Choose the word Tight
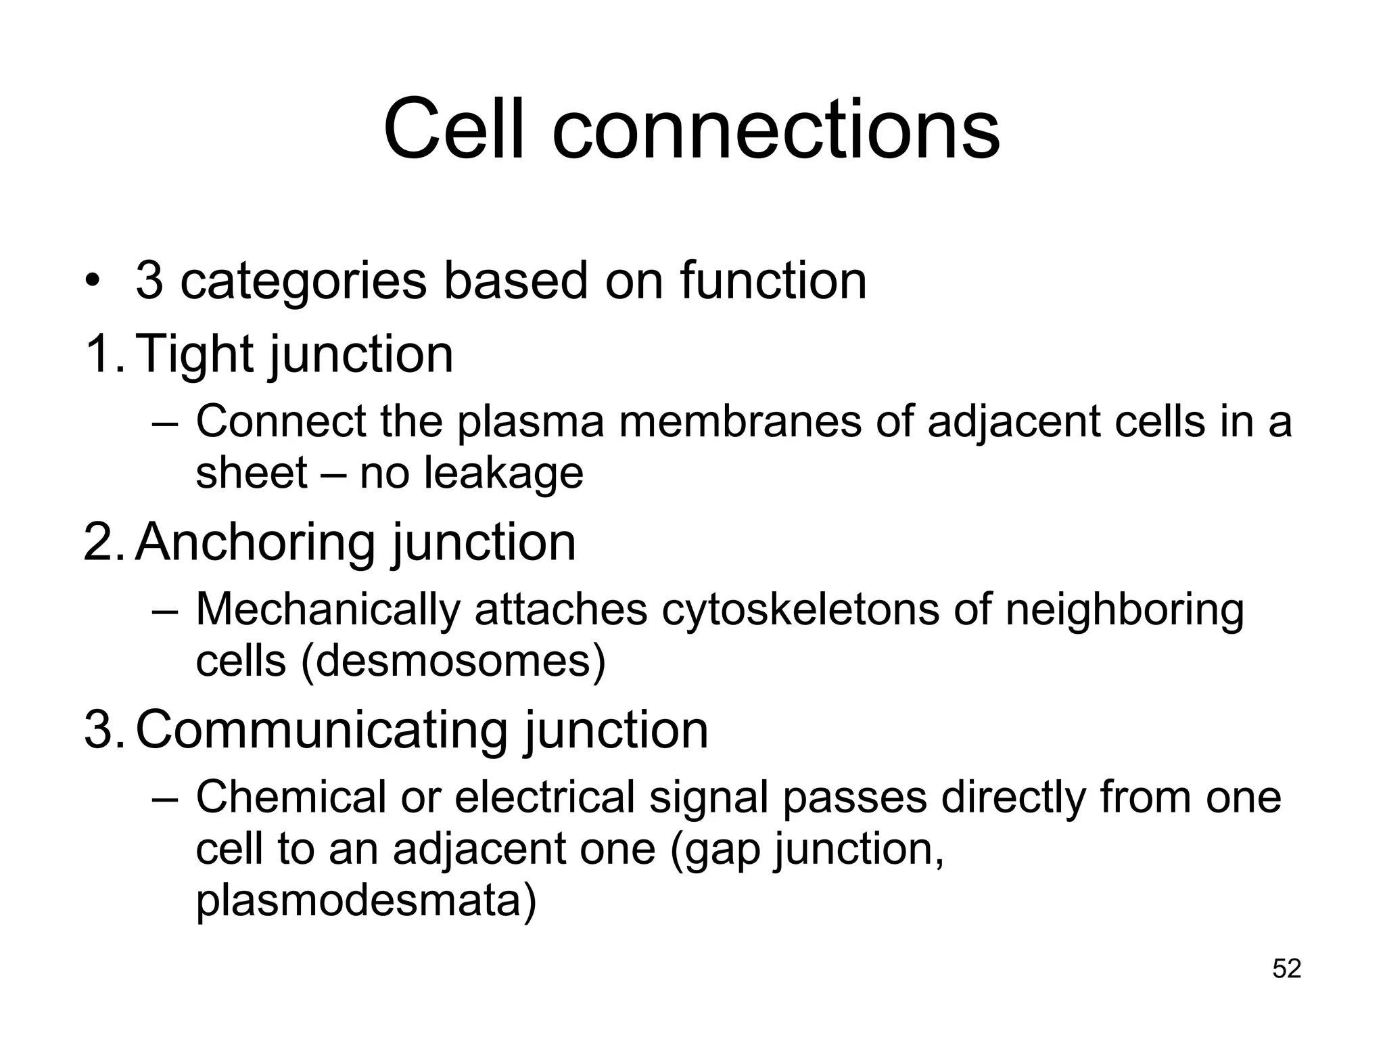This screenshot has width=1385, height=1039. click(197, 354)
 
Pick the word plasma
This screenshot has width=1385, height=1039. click(530, 421)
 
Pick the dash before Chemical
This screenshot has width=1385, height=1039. click(165, 798)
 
